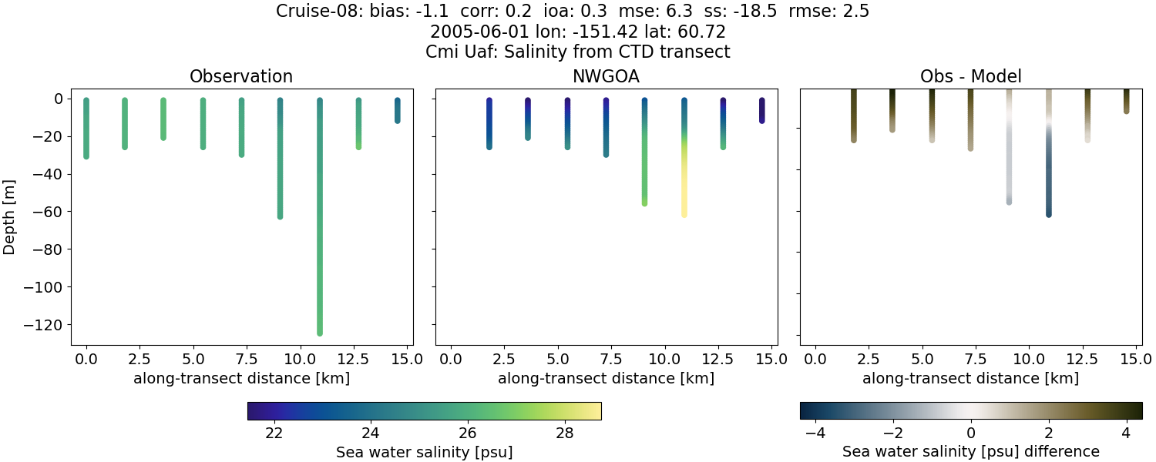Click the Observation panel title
(241, 77)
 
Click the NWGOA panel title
(606, 77)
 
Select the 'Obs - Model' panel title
(970, 77)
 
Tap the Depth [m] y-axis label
(10, 216)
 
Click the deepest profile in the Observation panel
(319, 231)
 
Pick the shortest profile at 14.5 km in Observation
(397, 110)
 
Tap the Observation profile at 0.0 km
(86, 128)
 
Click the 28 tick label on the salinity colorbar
(564, 433)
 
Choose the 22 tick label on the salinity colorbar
(274, 433)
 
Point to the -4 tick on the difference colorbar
(815, 433)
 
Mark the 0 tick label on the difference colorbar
(971, 433)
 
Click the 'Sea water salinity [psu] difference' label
(970, 452)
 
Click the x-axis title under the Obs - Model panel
(970, 379)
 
